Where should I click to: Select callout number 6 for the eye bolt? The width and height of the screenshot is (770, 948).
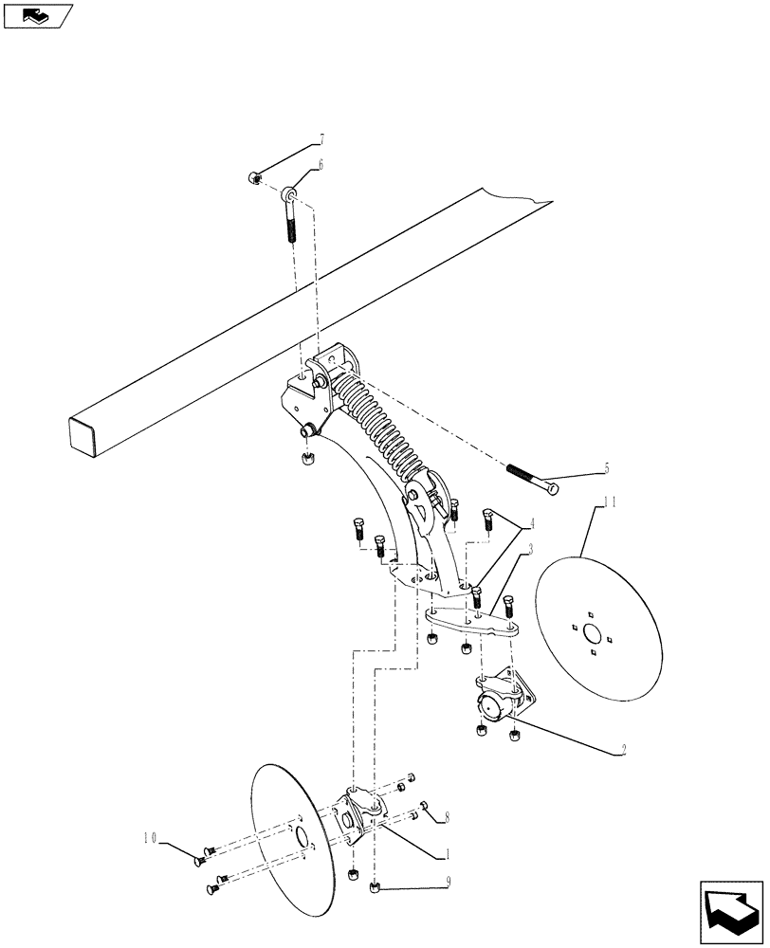coord(320,164)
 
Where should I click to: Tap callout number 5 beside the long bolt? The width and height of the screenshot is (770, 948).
coord(606,468)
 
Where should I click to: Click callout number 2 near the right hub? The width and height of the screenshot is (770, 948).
coord(622,750)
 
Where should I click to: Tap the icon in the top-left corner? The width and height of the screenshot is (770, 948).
coord(37,15)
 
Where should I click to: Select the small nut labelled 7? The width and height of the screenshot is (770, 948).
coord(254,177)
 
